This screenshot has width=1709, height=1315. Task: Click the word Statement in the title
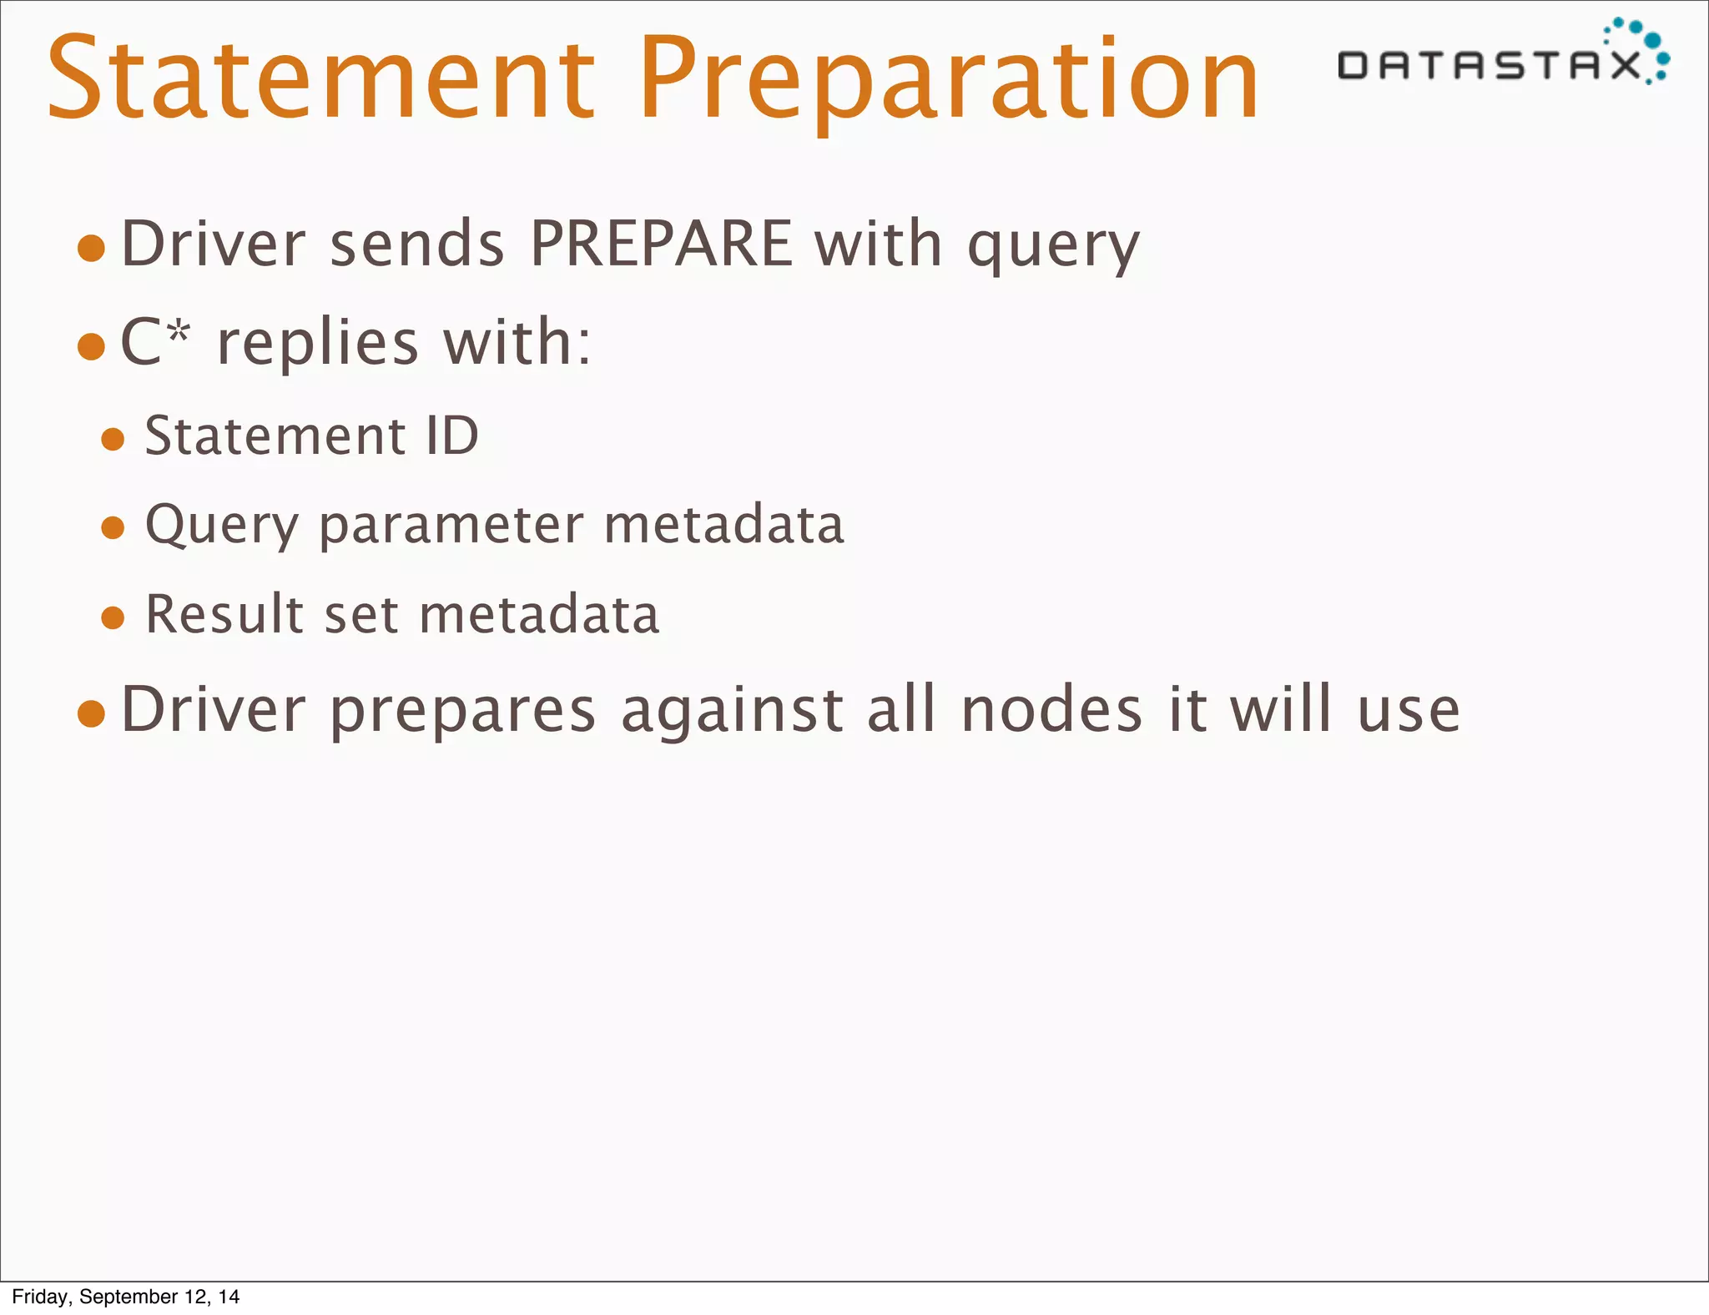tap(321, 79)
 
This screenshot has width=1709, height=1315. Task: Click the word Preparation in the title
tap(949, 79)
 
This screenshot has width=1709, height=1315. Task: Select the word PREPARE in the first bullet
tap(661, 244)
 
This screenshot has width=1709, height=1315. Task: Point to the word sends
tap(417, 244)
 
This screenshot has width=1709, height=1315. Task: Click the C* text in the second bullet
tap(155, 341)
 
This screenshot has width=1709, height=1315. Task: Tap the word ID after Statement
tap(451, 436)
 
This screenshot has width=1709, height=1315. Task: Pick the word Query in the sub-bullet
tap(221, 526)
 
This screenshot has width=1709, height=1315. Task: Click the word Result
tap(224, 615)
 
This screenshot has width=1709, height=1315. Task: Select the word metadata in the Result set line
tap(539, 615)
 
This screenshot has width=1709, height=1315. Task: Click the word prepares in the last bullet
tap(463, 711)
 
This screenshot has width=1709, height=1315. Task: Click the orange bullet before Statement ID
tap(113, 439)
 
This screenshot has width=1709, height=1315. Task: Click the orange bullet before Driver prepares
tap(91, 713)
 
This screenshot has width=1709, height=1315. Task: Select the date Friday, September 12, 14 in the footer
tap(126, 1296)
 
